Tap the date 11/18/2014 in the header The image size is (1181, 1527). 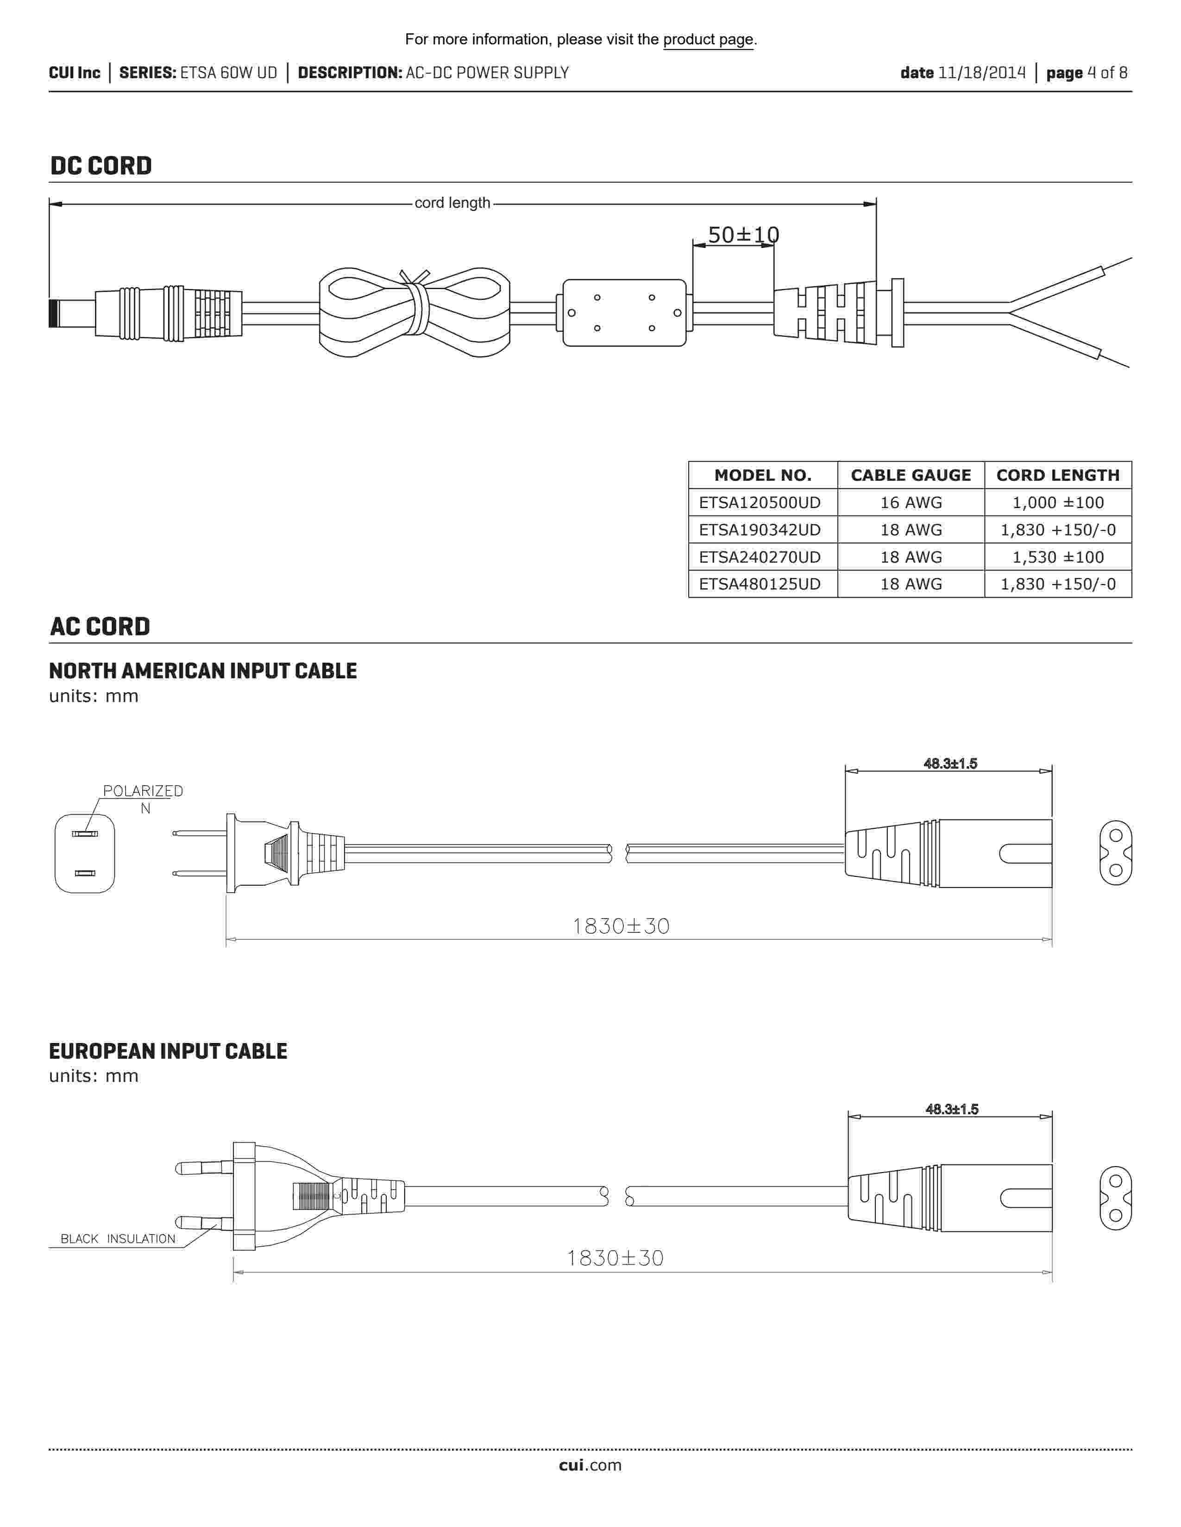981,73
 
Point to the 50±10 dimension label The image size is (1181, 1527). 743,235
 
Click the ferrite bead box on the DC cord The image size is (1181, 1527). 624,312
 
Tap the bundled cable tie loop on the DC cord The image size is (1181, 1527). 414,312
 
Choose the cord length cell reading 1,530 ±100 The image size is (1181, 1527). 1057,557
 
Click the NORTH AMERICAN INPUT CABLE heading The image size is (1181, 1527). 203,671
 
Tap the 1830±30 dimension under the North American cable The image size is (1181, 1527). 621,926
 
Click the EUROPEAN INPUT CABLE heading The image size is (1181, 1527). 168,1052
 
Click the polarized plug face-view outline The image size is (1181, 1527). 85,854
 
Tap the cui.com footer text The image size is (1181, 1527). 590,1465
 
